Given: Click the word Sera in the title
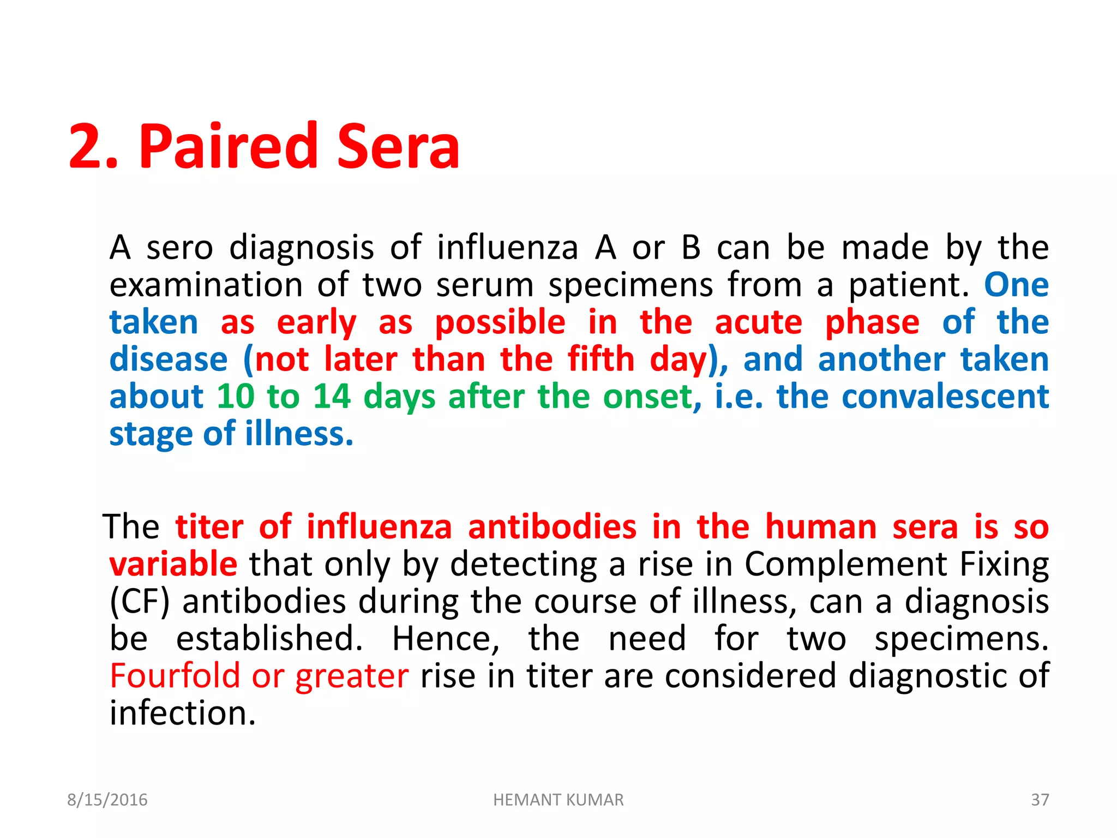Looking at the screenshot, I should (x=398, y=146).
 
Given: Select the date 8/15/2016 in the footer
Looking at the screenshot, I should (x=107, y=800).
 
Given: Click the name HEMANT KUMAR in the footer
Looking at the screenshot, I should (x=558, y=800).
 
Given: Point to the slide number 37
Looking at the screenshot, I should (x=1040, y=800).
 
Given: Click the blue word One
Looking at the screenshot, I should (x=1016, y=285).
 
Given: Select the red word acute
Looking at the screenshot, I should (x=758, y=322).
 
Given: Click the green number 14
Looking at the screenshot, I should (x=332, y=396).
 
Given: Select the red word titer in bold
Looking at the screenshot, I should (x=209, y=527).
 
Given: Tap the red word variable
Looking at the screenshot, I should (x=173, y=564).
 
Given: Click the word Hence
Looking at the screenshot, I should (x=445, y=639).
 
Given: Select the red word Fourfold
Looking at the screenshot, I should (x=175, y=676).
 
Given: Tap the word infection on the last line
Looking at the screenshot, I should (x=182, y=713).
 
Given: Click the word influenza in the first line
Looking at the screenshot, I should (x=507, y=248).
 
